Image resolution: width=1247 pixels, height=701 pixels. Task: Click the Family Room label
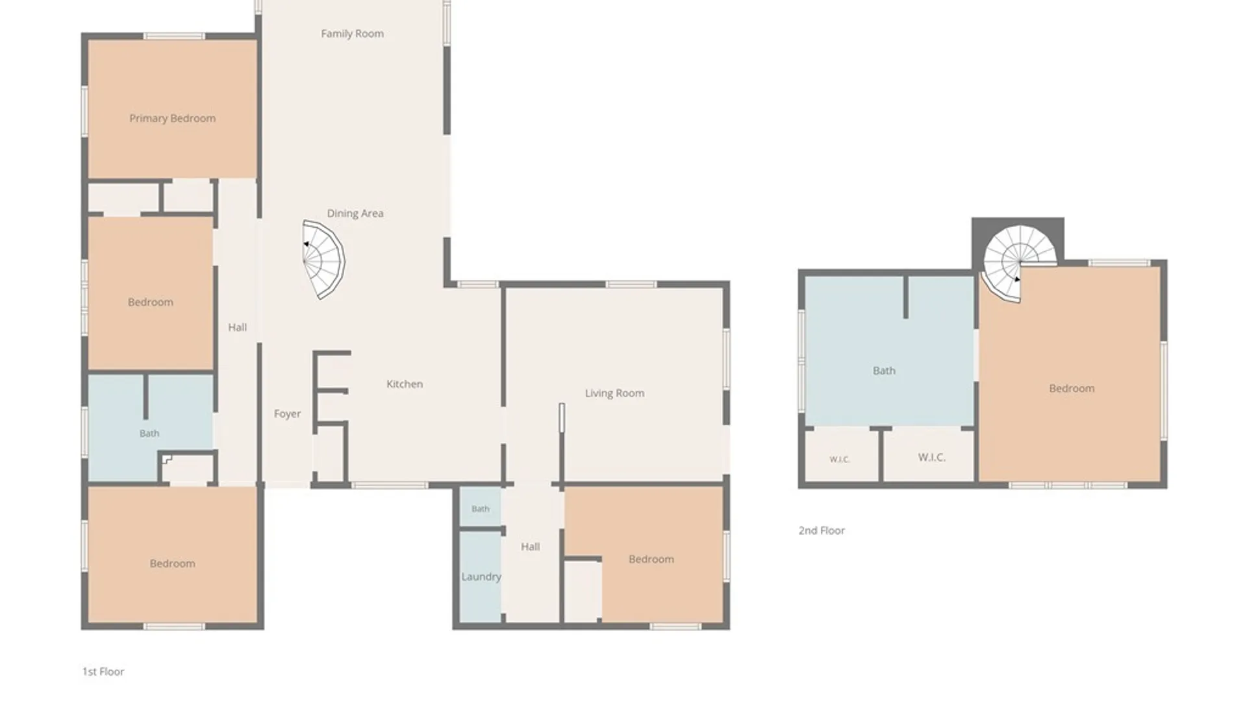(x=352, y=34)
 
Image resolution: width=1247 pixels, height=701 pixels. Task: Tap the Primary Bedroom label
(x=172, y=118)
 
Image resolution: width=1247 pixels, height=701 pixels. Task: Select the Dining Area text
(x=355, y=213)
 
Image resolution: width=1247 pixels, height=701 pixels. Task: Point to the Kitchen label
(x=405, y=384)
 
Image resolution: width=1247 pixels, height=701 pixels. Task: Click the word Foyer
(x=287, y=413)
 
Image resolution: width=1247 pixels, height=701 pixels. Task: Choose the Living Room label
(x=614, y=393)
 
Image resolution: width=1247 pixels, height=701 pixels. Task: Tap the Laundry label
(x=481, y=576)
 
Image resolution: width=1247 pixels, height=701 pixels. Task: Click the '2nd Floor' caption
(x=822, y=530)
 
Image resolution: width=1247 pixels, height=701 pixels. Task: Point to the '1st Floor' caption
(x=103, y=672)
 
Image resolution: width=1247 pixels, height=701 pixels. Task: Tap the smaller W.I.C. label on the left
(x=839, y=460)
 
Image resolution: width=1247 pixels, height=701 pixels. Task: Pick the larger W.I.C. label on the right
(x=931, y=458)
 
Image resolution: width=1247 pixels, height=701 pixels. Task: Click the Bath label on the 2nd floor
(x=884, y=371)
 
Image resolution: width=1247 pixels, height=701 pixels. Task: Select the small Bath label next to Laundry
(x=481, y=509)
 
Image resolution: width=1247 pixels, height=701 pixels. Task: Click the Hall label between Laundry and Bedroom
(x=530, y=547)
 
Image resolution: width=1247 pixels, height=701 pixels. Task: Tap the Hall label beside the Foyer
(x=237, y=327)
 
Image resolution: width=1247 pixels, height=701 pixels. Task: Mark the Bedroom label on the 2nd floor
(x=1072, y=388)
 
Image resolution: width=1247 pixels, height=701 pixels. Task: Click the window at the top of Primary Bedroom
(x=174, y=36)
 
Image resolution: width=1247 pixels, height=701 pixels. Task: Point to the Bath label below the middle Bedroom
(x=149, y=434)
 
